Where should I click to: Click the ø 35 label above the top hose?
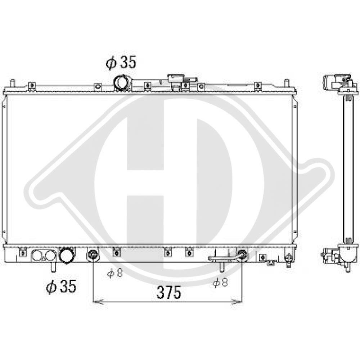coord(121,62)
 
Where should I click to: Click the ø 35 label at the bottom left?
coord(61,286)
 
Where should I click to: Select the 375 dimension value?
coord(169,292)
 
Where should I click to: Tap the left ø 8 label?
coord(115,273)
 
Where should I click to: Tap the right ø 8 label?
coord(220,282)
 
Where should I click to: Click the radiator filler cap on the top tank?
coord(176,78)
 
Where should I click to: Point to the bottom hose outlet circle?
coord(67,255)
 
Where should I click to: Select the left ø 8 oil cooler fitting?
coord(93,255)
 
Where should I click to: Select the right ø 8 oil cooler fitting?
coord(242,255)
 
